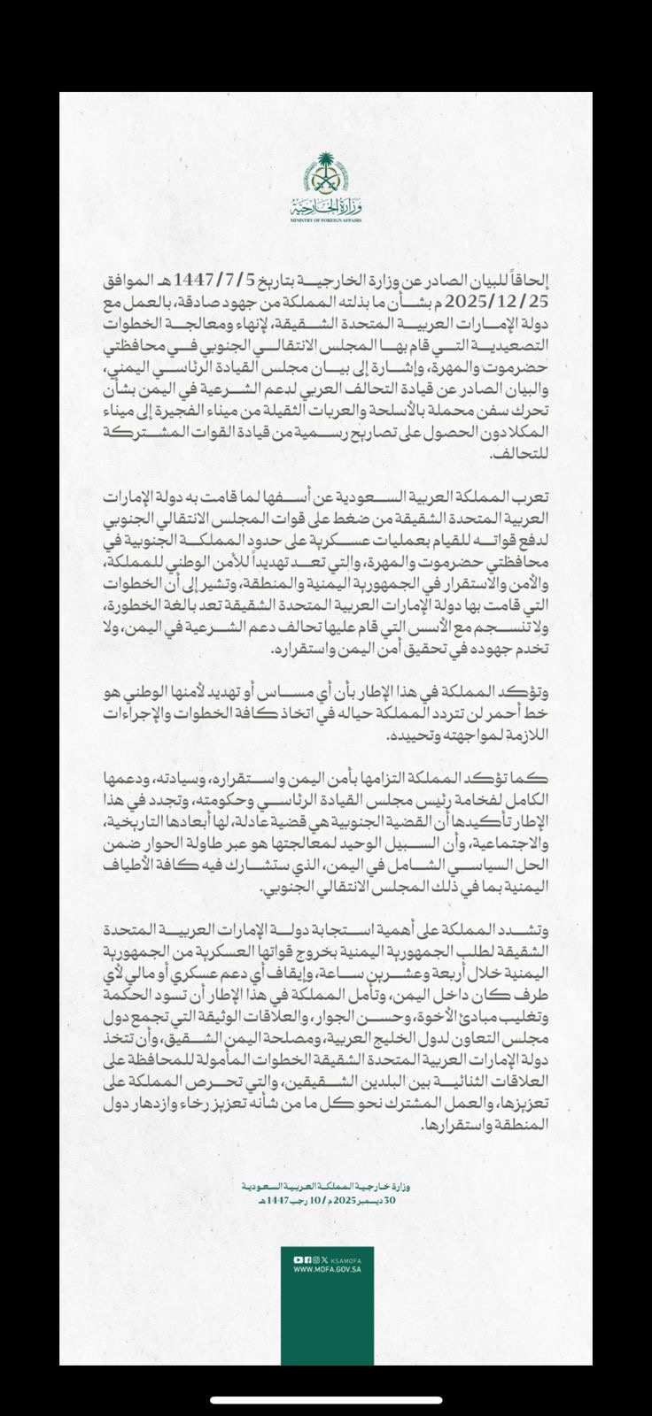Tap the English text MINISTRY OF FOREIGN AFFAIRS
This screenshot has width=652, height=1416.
[x=325, y=219]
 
